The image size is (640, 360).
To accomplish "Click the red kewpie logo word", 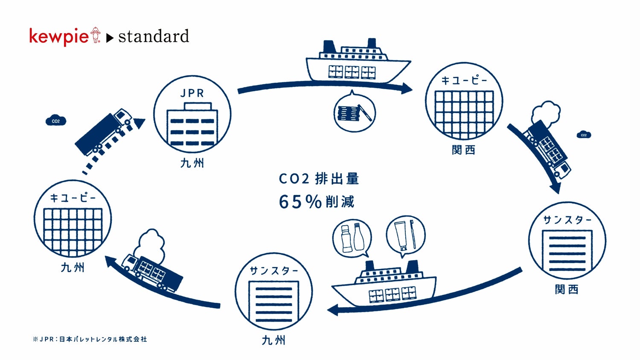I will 58,36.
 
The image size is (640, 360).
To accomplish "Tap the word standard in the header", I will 154,37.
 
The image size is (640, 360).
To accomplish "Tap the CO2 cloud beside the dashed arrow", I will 55,121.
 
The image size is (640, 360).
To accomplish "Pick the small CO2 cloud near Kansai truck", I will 584,135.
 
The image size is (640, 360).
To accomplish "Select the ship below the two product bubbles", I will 384,285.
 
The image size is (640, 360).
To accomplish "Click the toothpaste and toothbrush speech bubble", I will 405,236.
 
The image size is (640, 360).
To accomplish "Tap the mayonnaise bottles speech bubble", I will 352,238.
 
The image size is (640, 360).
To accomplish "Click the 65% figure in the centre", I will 300,202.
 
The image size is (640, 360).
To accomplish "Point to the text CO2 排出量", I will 319,179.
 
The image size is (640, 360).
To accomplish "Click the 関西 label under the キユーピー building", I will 463,150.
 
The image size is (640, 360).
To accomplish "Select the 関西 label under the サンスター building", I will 567,290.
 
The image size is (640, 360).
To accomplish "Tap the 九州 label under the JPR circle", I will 192,163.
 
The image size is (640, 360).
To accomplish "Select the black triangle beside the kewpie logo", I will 110,38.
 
